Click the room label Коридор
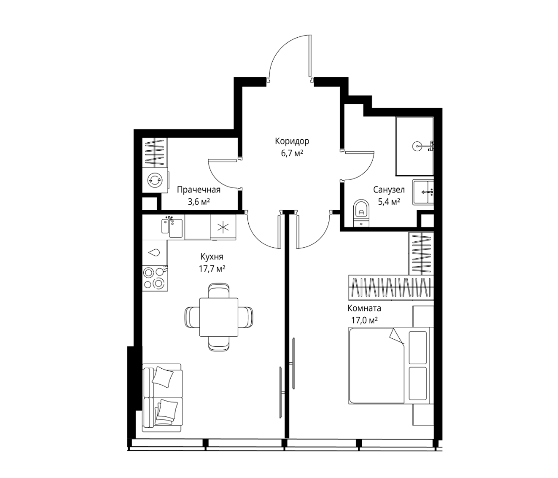pyautogui.click(x=292, y=142)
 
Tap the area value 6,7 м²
pyautogui.click(x=292, y=154)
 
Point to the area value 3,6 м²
pyautogui.click(x=199, y=202)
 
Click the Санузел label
pyautogui.click(x=389, y=190)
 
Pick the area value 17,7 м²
pyautogui.click(x=212, y=268)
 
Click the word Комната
pyautogui.click(x=364, y=308)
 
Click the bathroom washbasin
pyautogui.click(x=423, y=193)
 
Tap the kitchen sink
pyautogui.click(x=172, y=228)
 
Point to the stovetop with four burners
pyautogui.click(x=155, y=278)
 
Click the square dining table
pyautogui.click(x=219, y=317)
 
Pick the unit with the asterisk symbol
pyautogui.click(x=223, y=227)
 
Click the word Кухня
pyautogui.click(x=212, y=257)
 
